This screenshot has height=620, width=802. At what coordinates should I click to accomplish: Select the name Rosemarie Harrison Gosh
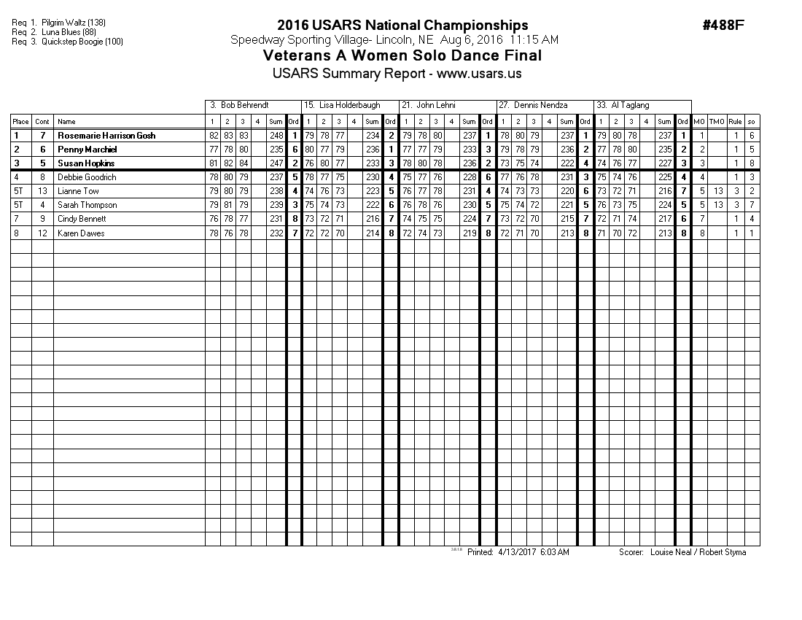point(106,136)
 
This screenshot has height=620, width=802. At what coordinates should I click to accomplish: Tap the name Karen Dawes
point(81,233)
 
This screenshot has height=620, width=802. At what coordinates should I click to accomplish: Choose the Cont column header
point(42,122)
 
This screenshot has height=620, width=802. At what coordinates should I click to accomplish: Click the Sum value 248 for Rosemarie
point(276,136)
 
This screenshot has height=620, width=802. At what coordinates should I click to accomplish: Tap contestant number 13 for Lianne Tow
point(42,191)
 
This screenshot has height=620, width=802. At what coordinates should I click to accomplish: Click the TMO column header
point(717,122)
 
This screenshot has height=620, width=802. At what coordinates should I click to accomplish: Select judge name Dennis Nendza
point(540,106)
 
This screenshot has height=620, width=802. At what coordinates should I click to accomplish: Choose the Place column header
point(20,122)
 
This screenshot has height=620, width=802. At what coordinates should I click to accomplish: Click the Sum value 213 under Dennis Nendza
point(567,233)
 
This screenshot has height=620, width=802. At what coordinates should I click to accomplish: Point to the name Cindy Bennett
point(82,219)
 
